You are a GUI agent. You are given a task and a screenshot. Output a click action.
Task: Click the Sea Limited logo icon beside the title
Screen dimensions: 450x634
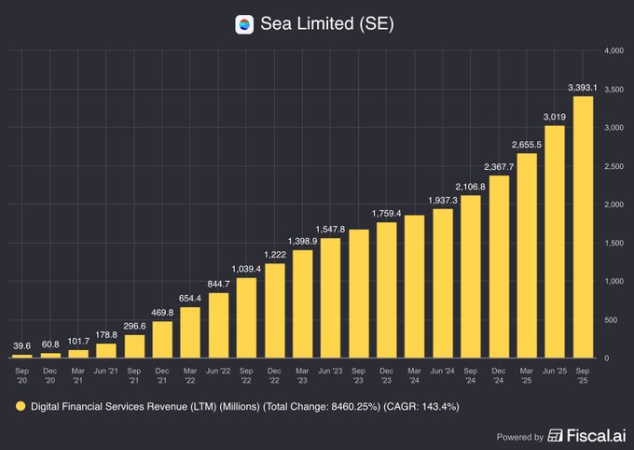point(244,25)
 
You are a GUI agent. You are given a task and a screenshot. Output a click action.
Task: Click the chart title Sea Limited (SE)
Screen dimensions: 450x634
point(326,25)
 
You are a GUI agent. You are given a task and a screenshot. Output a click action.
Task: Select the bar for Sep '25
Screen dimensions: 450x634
point(585,227)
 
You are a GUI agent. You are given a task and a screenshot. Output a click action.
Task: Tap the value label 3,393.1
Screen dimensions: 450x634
point(585,88)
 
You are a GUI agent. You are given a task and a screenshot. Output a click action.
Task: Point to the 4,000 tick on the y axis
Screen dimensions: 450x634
point(613,49)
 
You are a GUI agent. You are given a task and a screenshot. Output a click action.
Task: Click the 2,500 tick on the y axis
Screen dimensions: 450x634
point(613,165)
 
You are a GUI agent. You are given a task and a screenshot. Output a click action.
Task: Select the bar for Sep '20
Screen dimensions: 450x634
point(21,356)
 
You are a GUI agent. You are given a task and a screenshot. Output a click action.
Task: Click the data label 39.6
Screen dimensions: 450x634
point(21,345)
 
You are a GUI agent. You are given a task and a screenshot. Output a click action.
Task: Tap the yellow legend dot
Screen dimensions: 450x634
point(20,406)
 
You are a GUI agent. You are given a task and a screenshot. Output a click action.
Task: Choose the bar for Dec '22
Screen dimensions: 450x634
point(275,310)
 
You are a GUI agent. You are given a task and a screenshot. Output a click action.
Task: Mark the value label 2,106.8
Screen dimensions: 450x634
point(470,186)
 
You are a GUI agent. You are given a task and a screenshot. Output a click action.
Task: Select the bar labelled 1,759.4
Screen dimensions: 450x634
point(386,289)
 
